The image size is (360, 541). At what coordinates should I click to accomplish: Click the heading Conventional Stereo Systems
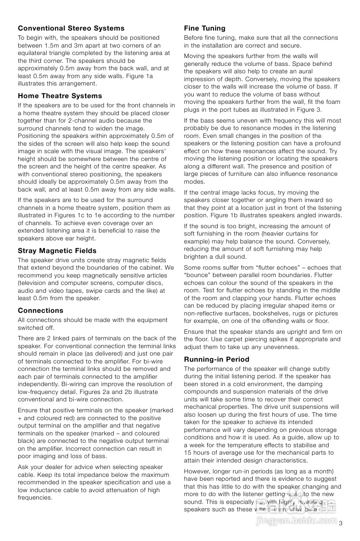[x=71, y=28]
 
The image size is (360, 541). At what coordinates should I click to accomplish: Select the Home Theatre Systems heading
[x=60, y=96]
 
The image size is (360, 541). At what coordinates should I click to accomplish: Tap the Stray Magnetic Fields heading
[x=57, y=251]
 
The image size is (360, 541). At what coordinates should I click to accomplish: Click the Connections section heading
[x=41, y=311]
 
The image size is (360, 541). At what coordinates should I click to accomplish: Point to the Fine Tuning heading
[x=205, y=28]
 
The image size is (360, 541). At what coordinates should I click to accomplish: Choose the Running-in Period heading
[x=216, y=360]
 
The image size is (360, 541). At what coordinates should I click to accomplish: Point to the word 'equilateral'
[x=34, y=53]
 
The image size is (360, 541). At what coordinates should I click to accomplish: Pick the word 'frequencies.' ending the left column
[x=35, y=498]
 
